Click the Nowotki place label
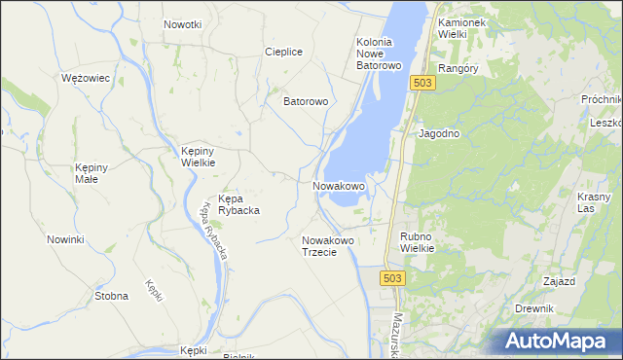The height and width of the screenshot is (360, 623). [182, 24]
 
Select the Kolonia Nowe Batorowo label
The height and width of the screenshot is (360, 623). [380, 54]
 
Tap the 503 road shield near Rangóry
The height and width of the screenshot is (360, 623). [421, 84]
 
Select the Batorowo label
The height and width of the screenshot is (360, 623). [306, 100]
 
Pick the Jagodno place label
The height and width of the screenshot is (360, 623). [439, 133]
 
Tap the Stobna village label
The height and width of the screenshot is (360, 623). [111, 295]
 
